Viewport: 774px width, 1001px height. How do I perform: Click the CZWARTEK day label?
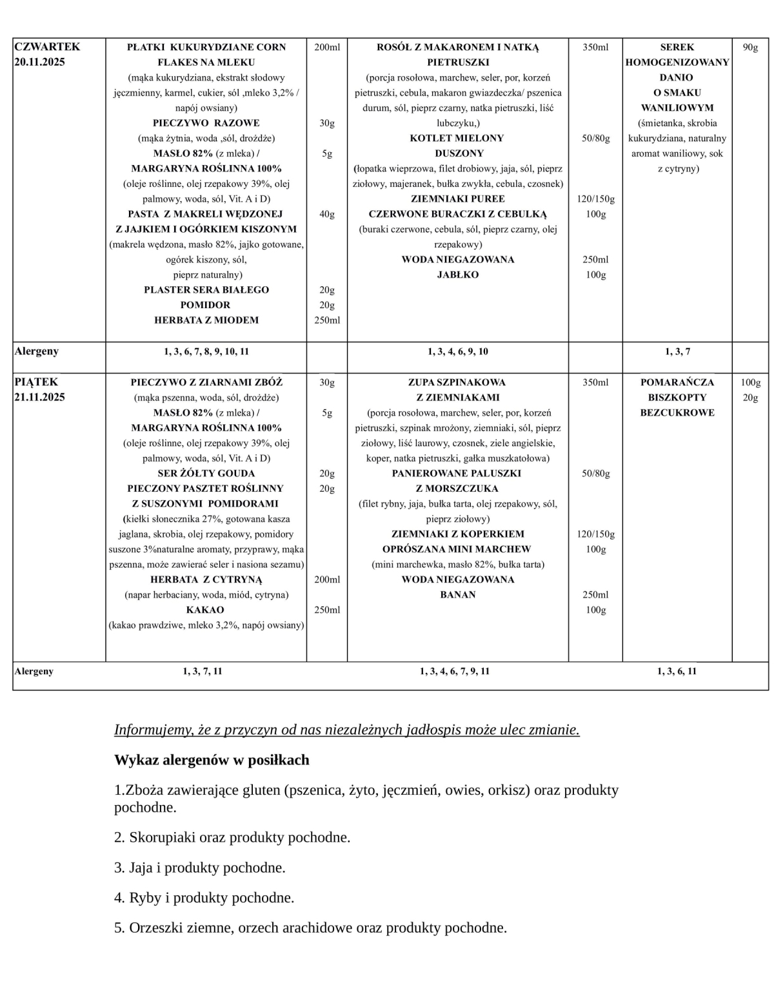47,46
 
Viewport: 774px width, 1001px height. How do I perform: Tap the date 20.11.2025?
39,62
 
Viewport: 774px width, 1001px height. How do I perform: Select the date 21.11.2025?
39,397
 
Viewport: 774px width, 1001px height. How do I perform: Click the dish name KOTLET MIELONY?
457,138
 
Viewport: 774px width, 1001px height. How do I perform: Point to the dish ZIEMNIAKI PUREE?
457,199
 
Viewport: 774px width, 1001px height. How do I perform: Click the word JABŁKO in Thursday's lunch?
457,275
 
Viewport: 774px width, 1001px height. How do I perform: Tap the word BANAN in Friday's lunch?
457,594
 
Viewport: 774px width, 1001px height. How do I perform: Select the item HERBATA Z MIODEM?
206,320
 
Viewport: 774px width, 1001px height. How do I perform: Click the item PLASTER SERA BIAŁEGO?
206,289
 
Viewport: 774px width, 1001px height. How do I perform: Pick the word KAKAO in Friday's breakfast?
205,609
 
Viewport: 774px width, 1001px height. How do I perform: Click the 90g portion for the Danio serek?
750,47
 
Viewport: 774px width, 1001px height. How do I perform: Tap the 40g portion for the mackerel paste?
327,214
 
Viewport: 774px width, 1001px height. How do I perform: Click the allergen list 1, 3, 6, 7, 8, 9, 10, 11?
206,351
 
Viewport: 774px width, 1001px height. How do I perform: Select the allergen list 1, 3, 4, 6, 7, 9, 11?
455,671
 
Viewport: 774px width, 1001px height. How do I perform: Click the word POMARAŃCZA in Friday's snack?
677,382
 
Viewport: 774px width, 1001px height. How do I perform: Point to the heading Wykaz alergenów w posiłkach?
212,760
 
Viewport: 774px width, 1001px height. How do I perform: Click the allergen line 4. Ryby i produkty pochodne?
204,897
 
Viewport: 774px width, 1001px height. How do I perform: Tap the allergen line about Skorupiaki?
232,837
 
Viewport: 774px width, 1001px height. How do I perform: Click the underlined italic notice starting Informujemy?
346,730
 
